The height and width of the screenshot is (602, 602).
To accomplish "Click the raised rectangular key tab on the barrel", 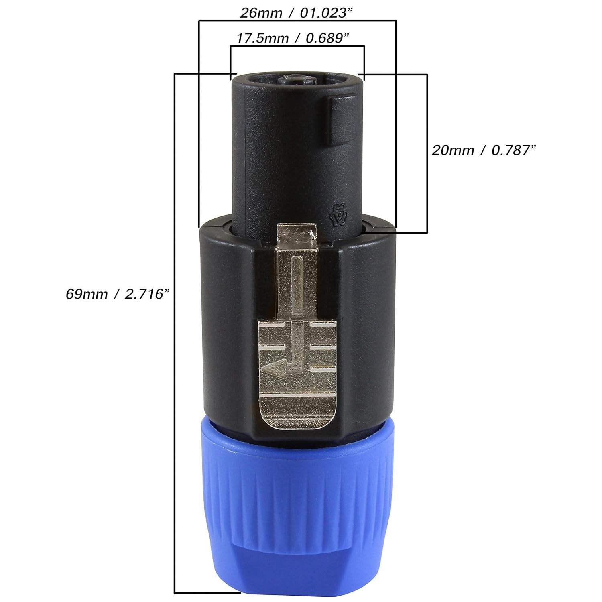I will click(342, 120).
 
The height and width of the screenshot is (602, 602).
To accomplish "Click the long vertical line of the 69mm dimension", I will click(174, 321).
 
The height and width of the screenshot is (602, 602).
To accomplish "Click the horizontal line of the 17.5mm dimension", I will click(297, 46).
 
